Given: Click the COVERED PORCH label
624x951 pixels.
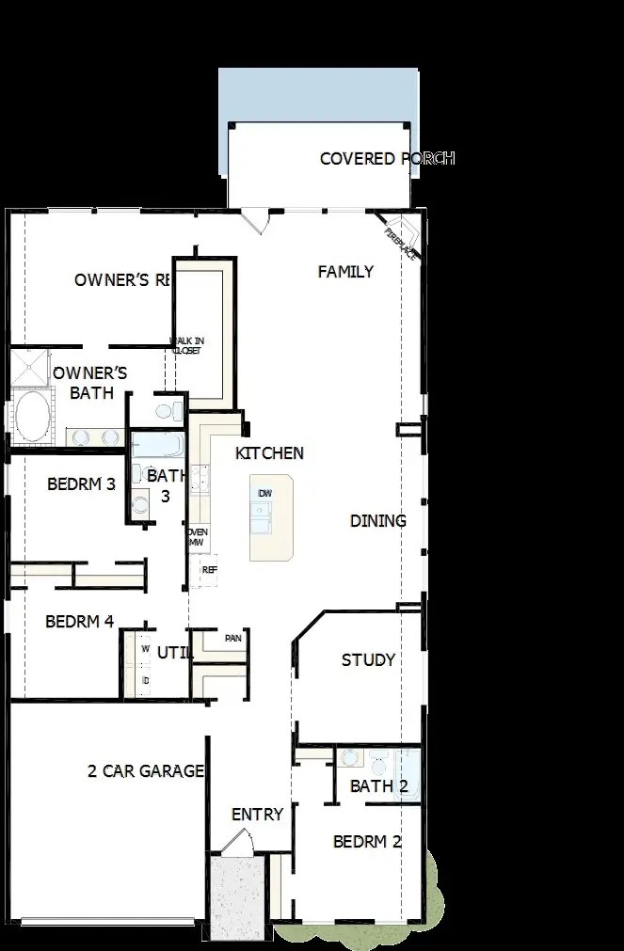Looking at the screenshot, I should (387, 158).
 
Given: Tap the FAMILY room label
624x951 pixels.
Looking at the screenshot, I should (345, 272).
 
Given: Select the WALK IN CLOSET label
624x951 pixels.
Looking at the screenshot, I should (186, 346).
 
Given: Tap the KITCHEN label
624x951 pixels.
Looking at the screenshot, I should (269, 453).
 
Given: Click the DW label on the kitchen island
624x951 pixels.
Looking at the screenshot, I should (265, 494).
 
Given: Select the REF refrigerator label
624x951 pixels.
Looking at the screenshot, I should (209, 570).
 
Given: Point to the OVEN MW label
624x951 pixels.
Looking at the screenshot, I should (197, 537).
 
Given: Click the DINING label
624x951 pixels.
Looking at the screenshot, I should (378, 521).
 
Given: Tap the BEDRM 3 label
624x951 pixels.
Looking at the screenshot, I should (81, 484).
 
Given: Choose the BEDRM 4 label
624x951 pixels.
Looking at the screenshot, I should (79, 622).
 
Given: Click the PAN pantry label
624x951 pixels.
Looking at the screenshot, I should (233, 639).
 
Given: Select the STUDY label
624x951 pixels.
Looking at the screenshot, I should (368, 660).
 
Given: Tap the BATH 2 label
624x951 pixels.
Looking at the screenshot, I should (379, 786).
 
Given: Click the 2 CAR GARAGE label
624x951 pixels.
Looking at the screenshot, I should (146, 772).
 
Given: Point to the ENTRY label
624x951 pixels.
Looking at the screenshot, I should (257, 815).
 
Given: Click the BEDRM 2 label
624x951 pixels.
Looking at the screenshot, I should (367, 842).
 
